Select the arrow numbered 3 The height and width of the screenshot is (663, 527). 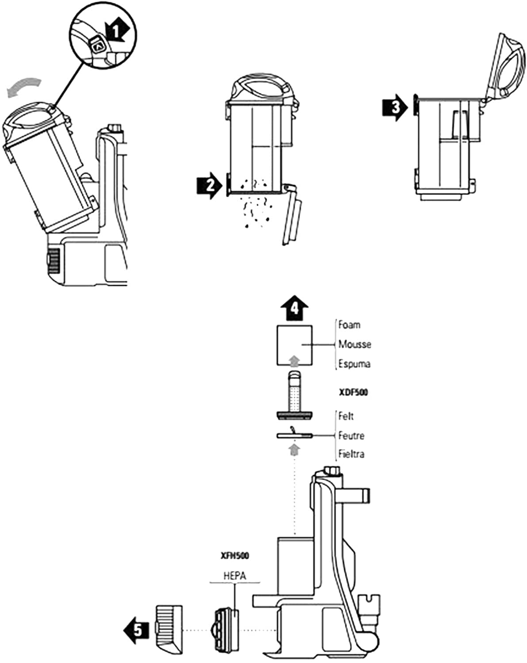pyautogui.click(x=394, y=107)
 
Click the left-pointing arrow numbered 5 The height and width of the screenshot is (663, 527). pyautogui.click(x=136, y=629)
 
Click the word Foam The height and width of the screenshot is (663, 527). pyautogui.click(x=349, y=325)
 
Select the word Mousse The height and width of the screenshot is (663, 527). pyautogui.click(x=354, y=344)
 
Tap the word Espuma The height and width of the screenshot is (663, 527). pyautogui.click(x=354, y=364)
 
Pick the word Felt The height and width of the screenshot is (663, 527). pyautogui.click(x=346, y=416)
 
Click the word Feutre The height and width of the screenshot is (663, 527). pyautogui.click(x=351, y=436)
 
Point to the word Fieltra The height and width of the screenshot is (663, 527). pyautogui.click(x=351, y=454)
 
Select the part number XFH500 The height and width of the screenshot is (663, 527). pyautogui.click(x=235, y=556)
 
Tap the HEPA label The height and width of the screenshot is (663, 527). pyautogui.click(x=235, y=576)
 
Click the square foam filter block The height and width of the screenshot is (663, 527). pyautogui.click(x=294, y=345)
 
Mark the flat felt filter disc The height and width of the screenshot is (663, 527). pyautogui.click(x=295, y=436)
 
